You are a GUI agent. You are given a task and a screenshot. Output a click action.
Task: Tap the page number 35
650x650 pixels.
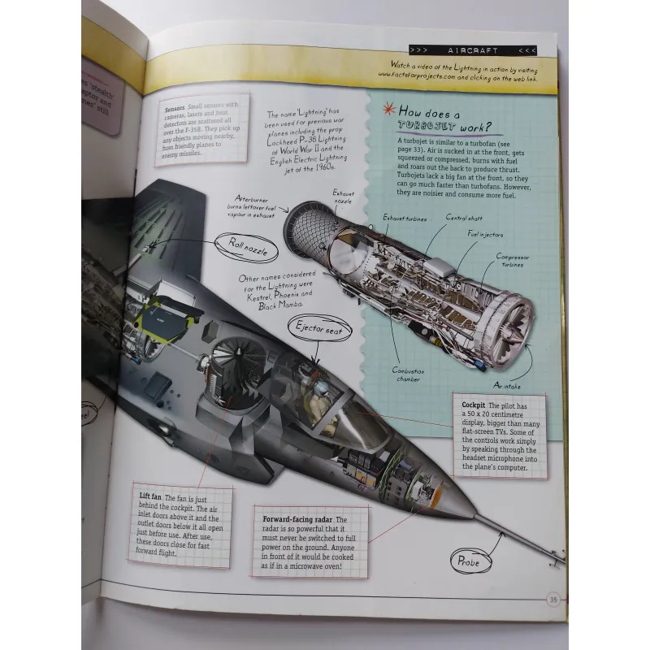tap(552, 600)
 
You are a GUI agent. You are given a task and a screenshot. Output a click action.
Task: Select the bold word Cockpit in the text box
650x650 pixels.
tap(474, 405)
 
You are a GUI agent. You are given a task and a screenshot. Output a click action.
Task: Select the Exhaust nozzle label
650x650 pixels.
tap(343, 197)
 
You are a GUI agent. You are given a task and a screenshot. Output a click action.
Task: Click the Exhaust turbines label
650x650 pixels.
tap(404, 219)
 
